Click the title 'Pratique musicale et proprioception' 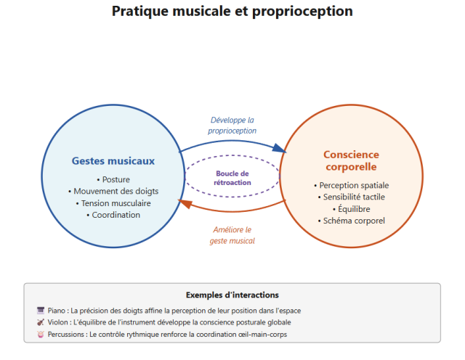click(232, 12)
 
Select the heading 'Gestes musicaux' click(113, 160)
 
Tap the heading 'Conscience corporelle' click(351, 160)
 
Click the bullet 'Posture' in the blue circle click(112, 179)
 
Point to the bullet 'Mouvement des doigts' click(112, 191)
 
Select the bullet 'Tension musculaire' click(112, 203)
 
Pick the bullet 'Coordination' click(112, 215)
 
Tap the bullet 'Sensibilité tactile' click(351, 197)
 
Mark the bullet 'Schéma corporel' click(351, 221)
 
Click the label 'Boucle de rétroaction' click(232, 178)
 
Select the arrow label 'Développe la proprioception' click(232, 125)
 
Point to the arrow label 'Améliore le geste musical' click(232, 234)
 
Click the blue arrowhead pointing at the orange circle click(278, 149)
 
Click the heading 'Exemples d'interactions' click(232, 295)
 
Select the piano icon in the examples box click(41, 311)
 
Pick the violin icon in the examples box click(41, 322)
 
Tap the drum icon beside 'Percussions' click(41, 334)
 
